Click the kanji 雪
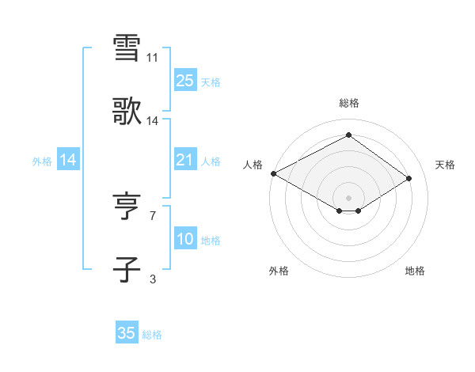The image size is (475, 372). point(127,47)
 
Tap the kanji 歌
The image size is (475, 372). point(127,112)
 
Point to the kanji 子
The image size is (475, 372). point(127,269)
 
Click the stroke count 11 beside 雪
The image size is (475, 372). point(153,58)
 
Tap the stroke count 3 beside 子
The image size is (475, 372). point(153,279)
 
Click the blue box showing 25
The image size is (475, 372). point(184,80)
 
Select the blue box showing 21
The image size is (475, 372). point(184,161)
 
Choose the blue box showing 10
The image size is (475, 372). point(184,239)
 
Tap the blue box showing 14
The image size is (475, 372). point(68,161)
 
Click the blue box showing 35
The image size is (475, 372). point(127,333)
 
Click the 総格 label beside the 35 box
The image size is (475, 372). point(152,335)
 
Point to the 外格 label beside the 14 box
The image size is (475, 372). point(42,161)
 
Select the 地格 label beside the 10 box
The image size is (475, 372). point(211,240)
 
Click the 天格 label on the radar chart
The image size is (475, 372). point(445,165)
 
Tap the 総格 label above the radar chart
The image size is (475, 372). point(348,103)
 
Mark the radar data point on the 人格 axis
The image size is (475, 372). point(273,173)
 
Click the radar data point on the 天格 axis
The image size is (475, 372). point(409,178)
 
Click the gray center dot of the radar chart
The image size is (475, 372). point(348,197)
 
